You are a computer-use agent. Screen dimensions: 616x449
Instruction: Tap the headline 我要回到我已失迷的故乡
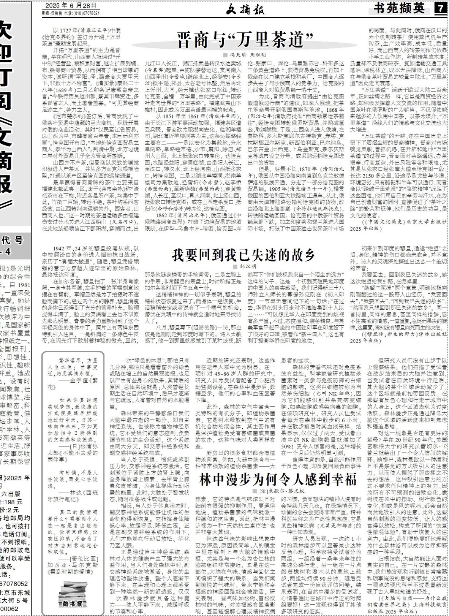click(243, 255)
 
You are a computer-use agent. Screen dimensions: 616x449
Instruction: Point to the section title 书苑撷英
click(399, 8)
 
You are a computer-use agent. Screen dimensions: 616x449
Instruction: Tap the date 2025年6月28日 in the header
click(71, 6)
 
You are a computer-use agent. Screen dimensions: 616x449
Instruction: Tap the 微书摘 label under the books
click(72, 603)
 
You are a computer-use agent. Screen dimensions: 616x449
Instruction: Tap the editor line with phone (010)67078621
click(71, 13)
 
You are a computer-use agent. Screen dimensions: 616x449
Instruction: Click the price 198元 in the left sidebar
click(15, 502)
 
